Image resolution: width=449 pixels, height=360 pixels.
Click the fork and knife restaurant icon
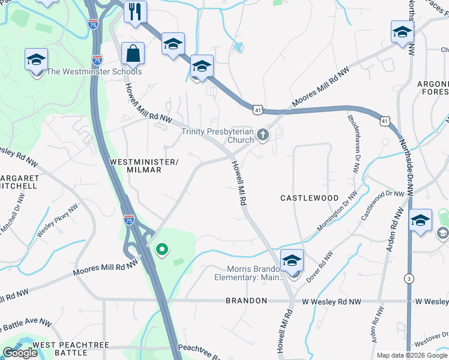[135, 11]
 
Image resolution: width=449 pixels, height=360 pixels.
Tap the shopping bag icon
[133, 53]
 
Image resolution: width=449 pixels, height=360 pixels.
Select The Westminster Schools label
[94, 72]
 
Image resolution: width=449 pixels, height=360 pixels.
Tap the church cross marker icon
[262, 136]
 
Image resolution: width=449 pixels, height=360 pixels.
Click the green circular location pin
[161, 249]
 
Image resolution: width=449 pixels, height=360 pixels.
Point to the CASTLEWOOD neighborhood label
[310, 198]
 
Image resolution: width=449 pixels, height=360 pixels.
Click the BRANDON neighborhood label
[246, 301]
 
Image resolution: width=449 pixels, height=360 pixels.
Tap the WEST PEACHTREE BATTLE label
[60, 349]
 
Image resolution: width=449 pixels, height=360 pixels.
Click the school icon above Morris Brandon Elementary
[292, 260]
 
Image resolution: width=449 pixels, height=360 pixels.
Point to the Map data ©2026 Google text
[412, 355]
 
